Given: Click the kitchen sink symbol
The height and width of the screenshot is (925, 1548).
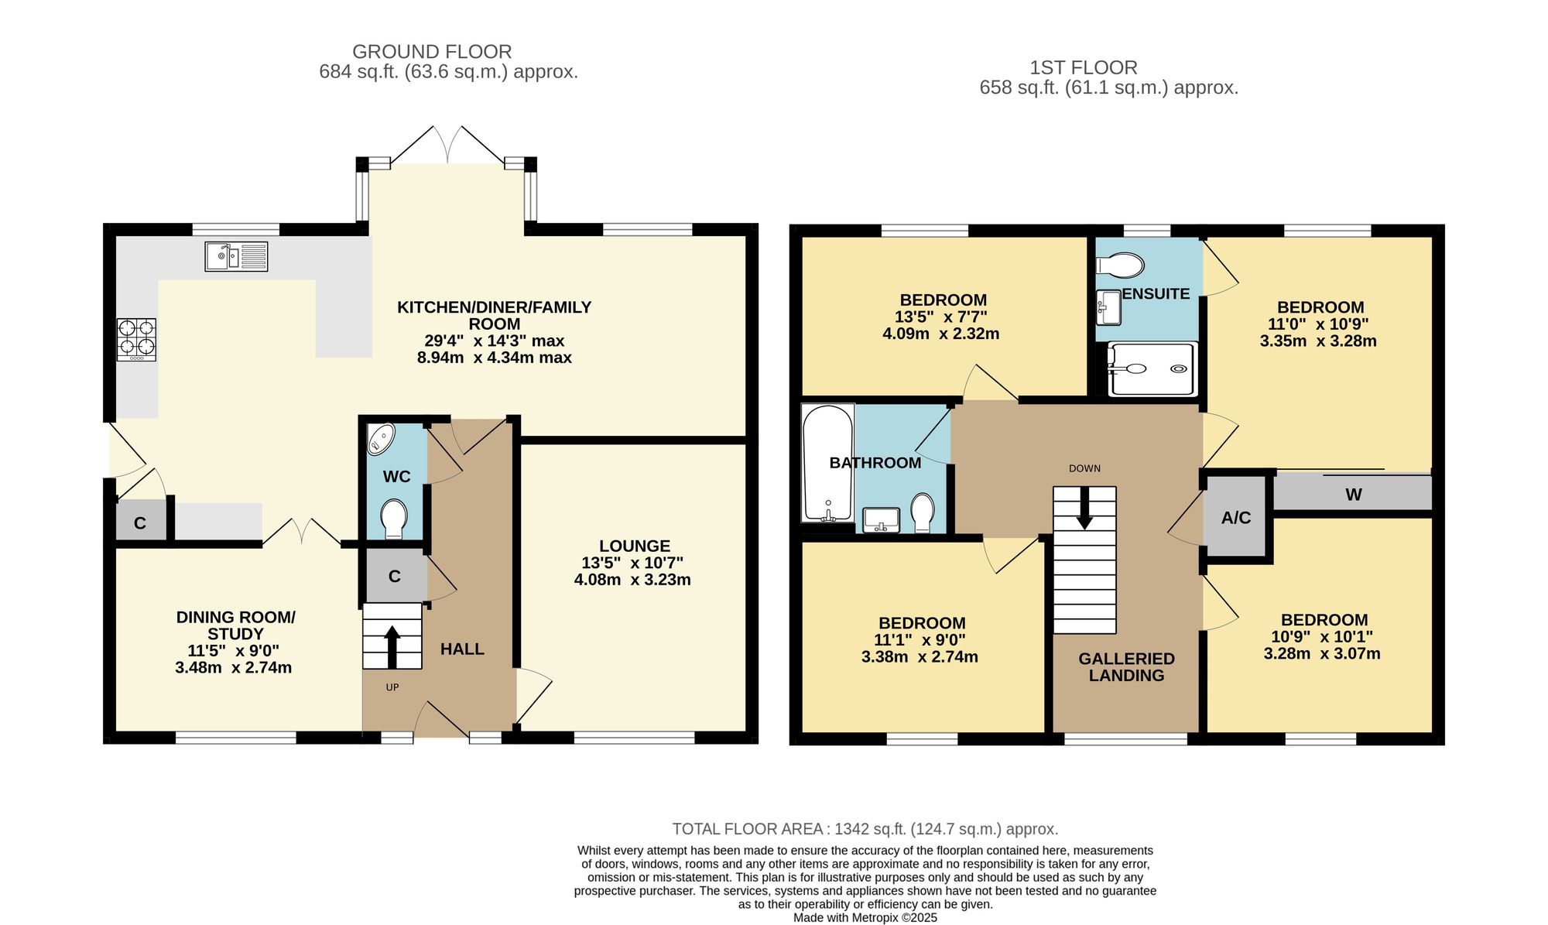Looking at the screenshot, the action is [236, 256].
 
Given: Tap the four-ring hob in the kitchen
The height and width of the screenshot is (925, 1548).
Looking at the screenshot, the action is [136, 340].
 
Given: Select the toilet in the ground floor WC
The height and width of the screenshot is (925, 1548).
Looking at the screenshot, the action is [394, 518].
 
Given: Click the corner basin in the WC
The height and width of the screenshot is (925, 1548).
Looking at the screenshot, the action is [380, 437].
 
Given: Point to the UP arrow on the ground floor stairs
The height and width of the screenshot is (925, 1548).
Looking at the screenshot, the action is [392, 646].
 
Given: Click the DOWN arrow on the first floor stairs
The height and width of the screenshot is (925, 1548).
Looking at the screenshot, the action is [1084, 508].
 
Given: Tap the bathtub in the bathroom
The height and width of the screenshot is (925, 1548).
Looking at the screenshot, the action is [828, 462].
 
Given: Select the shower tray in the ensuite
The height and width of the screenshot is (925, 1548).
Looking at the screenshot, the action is [1152, 369].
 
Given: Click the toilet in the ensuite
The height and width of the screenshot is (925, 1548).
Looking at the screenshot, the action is [1120, 266].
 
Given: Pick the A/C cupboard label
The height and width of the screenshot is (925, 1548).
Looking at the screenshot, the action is [1236, 518].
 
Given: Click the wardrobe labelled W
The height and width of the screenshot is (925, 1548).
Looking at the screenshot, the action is [1353, 494].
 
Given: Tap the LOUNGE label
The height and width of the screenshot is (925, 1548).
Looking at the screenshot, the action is [635, 546].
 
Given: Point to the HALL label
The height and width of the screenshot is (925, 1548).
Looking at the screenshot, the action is [462, 649].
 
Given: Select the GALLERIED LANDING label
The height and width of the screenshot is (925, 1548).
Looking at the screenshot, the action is [1127, 666].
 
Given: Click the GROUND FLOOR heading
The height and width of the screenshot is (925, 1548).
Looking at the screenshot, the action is [432, 52].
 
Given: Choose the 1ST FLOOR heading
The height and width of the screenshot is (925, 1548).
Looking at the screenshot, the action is [1084, 67].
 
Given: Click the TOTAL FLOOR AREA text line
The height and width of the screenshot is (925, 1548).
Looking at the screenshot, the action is [865, 829].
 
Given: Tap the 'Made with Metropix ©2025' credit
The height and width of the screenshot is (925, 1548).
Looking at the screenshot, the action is [865, 918].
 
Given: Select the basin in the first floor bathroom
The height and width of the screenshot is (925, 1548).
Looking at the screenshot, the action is [881, 519].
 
